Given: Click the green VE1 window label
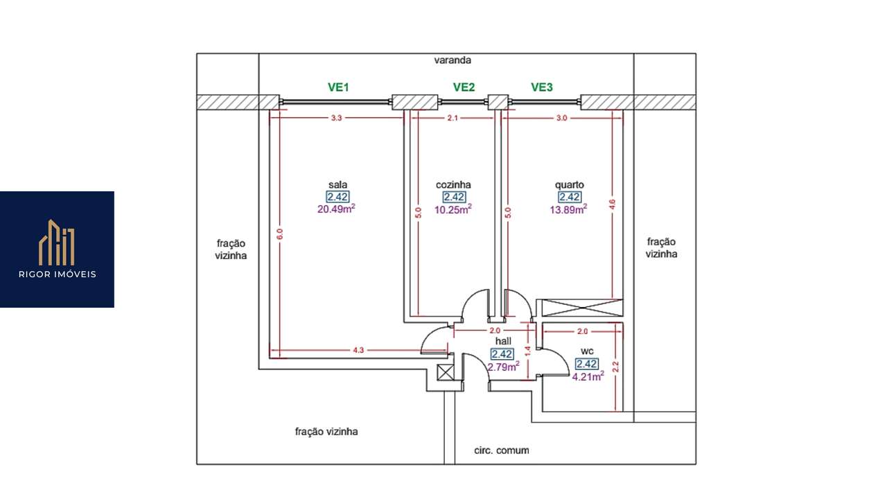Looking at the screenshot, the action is point(338,87).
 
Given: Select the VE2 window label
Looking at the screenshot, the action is point(464,87).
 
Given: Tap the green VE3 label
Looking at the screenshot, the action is point(542,87).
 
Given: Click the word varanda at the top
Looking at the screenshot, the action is point(453,60).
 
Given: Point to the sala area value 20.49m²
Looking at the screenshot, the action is point(336,209).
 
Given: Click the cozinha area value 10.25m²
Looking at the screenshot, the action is point(453,209).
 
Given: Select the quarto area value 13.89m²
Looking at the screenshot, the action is point(568,209).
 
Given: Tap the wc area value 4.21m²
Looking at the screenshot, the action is point(588,376).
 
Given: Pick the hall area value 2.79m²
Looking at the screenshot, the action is point(503,367).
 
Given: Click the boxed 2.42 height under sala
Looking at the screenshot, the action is point(337,196).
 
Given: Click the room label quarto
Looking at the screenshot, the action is point(570,185).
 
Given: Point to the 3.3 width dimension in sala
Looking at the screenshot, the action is point(336,118).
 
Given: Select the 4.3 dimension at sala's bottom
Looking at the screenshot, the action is point(358,350).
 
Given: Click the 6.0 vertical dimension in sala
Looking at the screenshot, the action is point(280,234).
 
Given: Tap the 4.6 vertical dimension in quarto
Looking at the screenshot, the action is point(612,204).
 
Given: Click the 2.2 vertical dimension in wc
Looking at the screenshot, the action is point(615,367).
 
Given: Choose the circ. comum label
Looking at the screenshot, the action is point(502,450).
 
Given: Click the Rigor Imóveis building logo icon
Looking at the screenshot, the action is point(57,243).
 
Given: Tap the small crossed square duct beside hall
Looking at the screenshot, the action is point(445,373).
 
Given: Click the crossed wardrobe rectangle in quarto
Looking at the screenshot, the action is point(582,308).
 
